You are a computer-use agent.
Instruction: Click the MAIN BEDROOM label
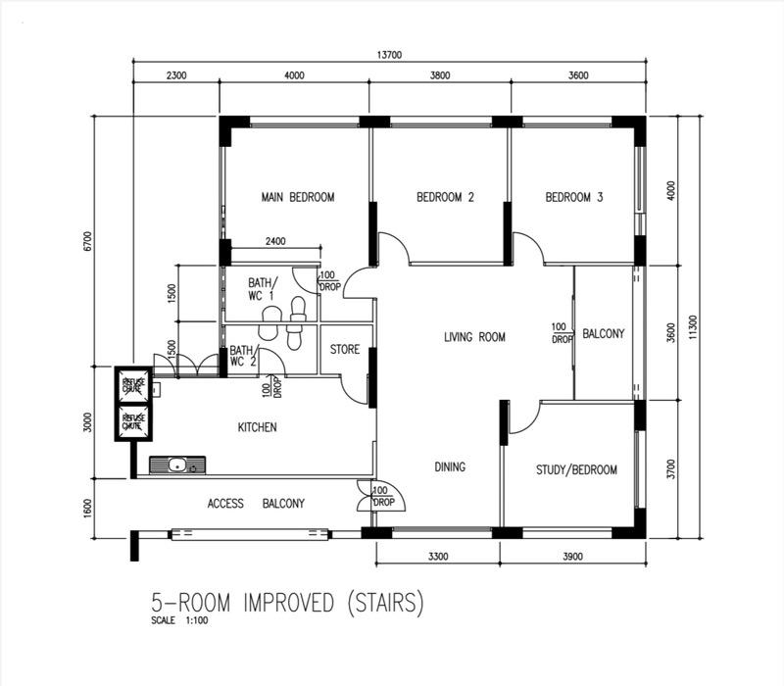[297, 197]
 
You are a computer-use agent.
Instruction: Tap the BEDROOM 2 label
[445, 197]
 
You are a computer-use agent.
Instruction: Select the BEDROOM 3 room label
[573, 197]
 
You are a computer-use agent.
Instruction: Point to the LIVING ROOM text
[474, 337]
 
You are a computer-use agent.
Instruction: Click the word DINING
[450, 466]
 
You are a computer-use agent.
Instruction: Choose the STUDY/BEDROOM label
[576, 469]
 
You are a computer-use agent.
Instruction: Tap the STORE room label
[344, 349]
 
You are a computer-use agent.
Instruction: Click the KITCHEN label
[257, 427]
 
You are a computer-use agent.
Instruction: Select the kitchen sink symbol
[177, 465]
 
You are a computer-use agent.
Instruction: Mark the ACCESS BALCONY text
[256, 503]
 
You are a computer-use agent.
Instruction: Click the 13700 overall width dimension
[389, 55]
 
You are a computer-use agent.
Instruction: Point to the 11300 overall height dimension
[694, 323]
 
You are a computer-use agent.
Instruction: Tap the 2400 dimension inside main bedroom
[275, 242]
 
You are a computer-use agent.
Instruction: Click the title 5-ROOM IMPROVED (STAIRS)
[286, 603]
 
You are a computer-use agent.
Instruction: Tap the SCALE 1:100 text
[179, 620]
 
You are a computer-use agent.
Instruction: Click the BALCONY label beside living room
[603, 334]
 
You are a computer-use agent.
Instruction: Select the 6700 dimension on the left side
[87, 240]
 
